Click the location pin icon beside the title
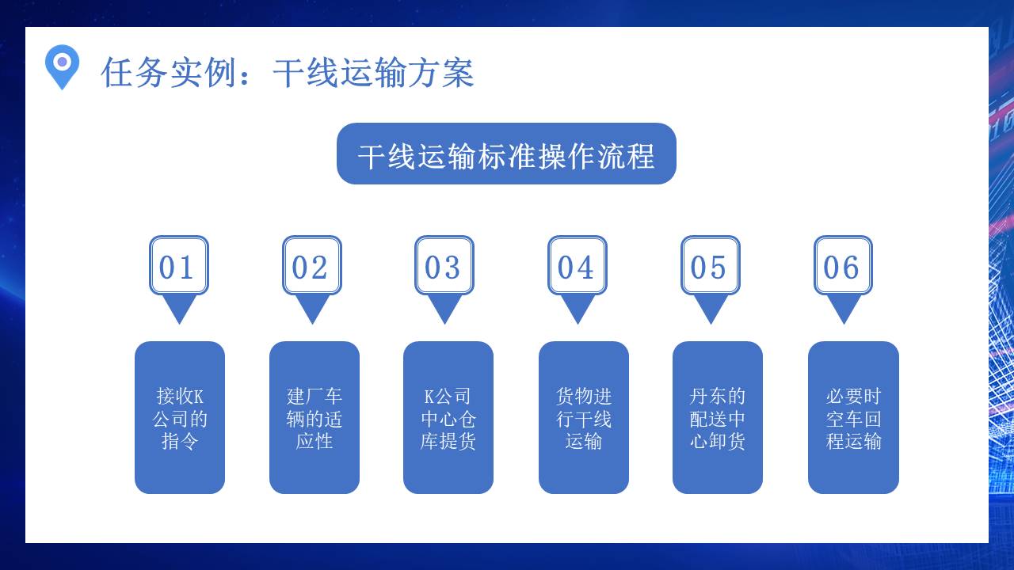click(62, 66)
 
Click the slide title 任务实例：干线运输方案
click(287, 73)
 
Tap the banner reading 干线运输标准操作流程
click(506, 154)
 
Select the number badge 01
click(179, 266)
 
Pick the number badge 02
click(312, 266)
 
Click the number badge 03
click(444, 266)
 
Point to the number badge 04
click(578, 266)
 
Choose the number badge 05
click(711, 266)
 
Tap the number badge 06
click(843, 266)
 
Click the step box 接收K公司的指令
click(180, 417)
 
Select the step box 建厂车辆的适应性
click(314, 417)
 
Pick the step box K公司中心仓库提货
click(448, 417)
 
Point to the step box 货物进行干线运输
click(584, 417)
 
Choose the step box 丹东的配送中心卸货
click(718, 417)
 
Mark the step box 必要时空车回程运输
click(853, 417)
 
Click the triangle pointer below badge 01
click(179, 307)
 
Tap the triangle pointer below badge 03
click(444, 307)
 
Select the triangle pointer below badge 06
click(843, 307)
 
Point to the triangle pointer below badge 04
click(578, 307)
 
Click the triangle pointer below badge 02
click(312, 307)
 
